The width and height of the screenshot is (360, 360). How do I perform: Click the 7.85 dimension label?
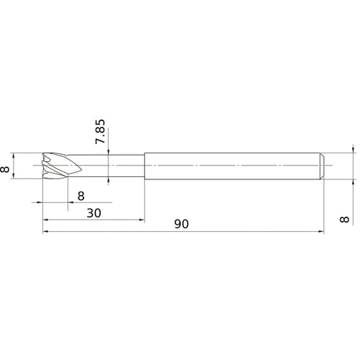click(x=100, y=132)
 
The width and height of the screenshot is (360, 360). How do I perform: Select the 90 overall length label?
click(x=181, y=224)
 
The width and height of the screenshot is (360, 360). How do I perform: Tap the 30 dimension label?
click(x=94, y=213)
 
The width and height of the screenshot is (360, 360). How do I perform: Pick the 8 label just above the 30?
click(x=81, y=197)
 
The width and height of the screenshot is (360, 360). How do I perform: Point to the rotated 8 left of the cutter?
click(x=5, y=169)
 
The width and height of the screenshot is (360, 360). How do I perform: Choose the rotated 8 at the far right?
click(x=345, y=220)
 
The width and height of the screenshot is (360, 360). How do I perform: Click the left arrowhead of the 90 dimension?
click(x=45, y=232)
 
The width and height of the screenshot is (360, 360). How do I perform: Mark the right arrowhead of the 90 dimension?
click(x=321, y=232)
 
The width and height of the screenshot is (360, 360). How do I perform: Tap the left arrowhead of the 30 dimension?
click(x=45, y=220)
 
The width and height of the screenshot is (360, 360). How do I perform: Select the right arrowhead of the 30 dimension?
click(x=141, y=220)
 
